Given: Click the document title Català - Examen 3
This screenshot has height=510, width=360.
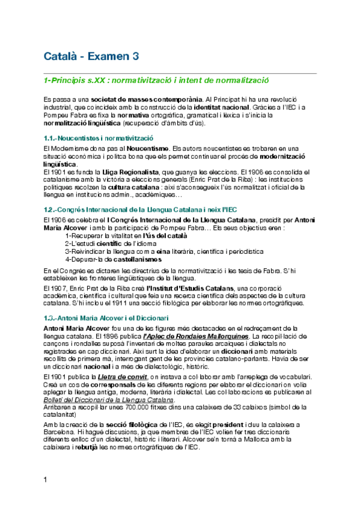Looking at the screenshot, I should click(91, 57).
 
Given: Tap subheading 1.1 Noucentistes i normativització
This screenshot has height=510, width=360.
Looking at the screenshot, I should click(99, 138).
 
